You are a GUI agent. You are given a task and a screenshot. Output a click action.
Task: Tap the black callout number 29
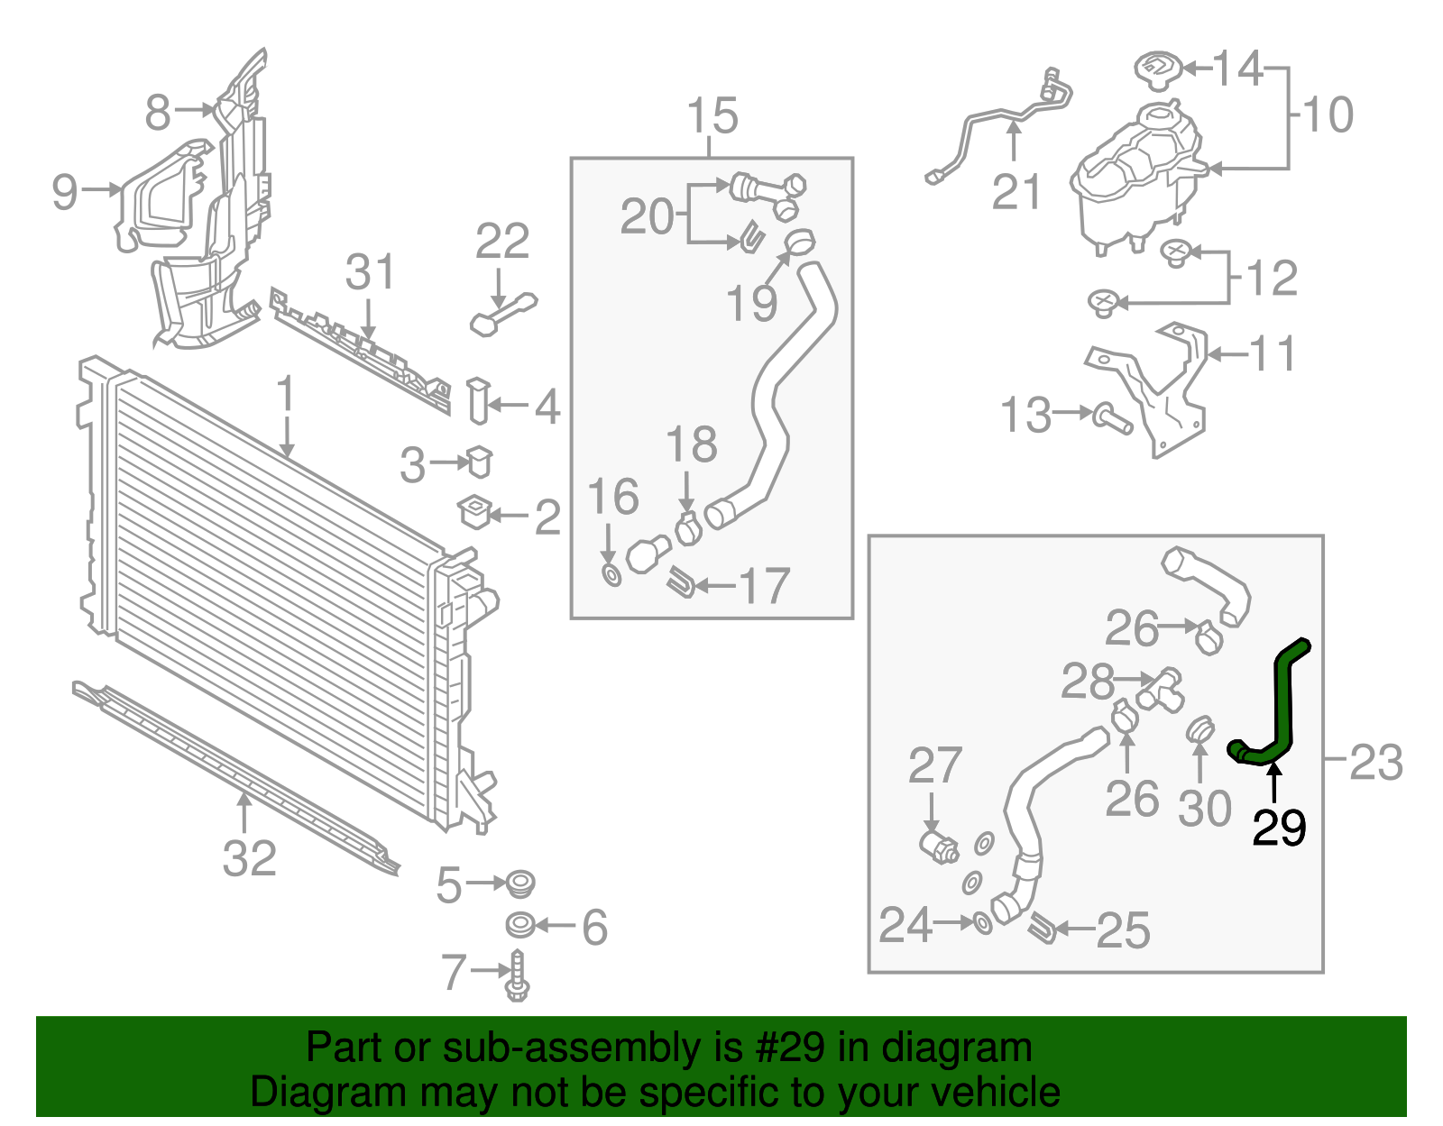[1279, 828]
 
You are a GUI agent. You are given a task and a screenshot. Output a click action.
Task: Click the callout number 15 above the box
[712, 116]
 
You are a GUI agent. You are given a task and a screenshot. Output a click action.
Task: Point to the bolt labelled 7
[518, 976]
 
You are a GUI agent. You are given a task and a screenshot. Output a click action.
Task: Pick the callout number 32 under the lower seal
[249, 858]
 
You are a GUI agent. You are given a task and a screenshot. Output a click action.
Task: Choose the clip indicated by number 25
[1043, 928]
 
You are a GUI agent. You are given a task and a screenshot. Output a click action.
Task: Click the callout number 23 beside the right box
[1375, 763]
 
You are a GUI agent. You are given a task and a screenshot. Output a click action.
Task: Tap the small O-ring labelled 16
[611, 573]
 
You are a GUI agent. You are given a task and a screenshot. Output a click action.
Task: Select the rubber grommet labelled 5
[519, 883]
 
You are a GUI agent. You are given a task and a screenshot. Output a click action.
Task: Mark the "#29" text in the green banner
[785, 1048]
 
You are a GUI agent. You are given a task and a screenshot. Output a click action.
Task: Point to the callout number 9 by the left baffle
[65, 190]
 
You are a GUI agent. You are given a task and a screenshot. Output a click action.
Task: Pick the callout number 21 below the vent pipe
[1016, 191]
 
